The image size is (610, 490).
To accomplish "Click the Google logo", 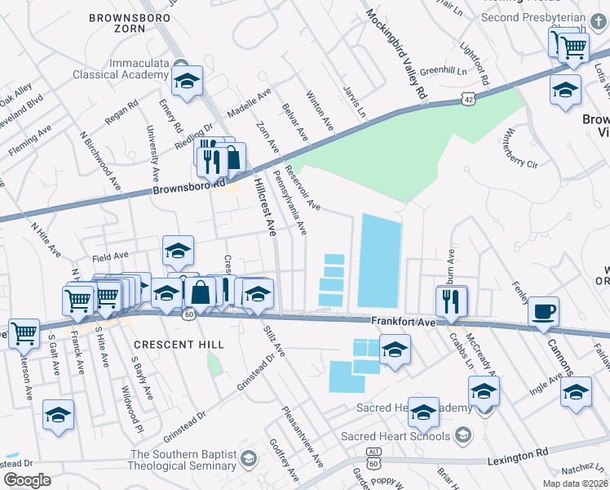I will (27, 480).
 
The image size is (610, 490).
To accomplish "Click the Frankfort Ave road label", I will (405, 322).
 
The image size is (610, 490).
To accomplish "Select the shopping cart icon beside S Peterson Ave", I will (24, 332).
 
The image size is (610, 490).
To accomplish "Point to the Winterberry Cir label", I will (522, 147).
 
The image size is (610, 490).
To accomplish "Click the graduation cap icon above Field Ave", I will (178, 251).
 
